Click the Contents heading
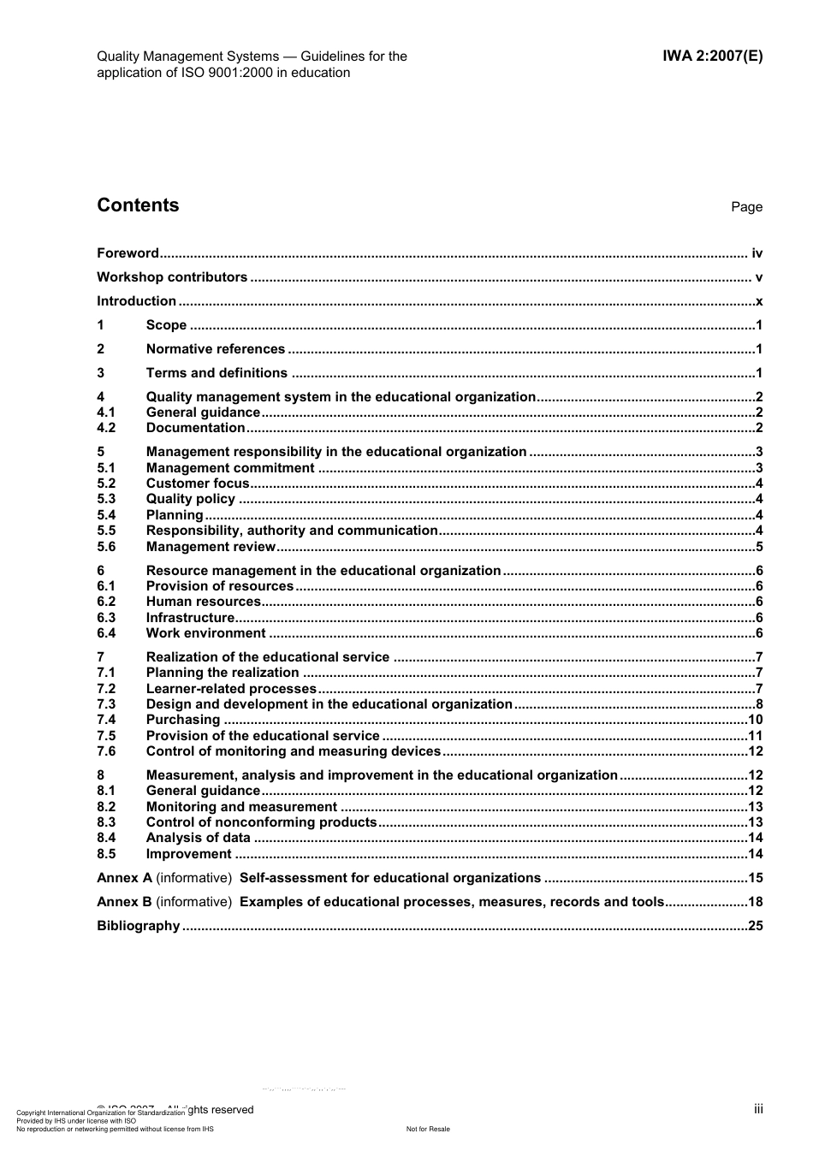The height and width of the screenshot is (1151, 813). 138,205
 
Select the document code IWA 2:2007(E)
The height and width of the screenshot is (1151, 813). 712,56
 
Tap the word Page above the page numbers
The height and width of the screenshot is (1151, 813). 746,207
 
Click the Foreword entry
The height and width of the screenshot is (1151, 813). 128,253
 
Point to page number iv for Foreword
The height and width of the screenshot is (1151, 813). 757,253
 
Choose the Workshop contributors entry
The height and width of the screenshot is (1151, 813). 172,277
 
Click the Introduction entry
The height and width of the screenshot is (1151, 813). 136,301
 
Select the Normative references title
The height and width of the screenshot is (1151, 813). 215,349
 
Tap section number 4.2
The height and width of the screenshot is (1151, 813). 106,428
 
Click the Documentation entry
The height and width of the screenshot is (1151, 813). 195,428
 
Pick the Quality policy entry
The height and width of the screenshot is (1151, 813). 190,499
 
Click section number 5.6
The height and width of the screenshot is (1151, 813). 106,547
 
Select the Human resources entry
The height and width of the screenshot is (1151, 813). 203,602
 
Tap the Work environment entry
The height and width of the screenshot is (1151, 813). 205,633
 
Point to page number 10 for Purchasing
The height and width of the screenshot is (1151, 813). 755,720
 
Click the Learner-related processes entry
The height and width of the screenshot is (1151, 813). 231,689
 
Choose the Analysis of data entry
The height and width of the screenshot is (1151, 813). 198,838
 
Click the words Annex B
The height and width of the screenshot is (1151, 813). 124,902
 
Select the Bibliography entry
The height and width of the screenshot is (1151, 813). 138,926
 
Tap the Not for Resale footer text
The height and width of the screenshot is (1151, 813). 428,1129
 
